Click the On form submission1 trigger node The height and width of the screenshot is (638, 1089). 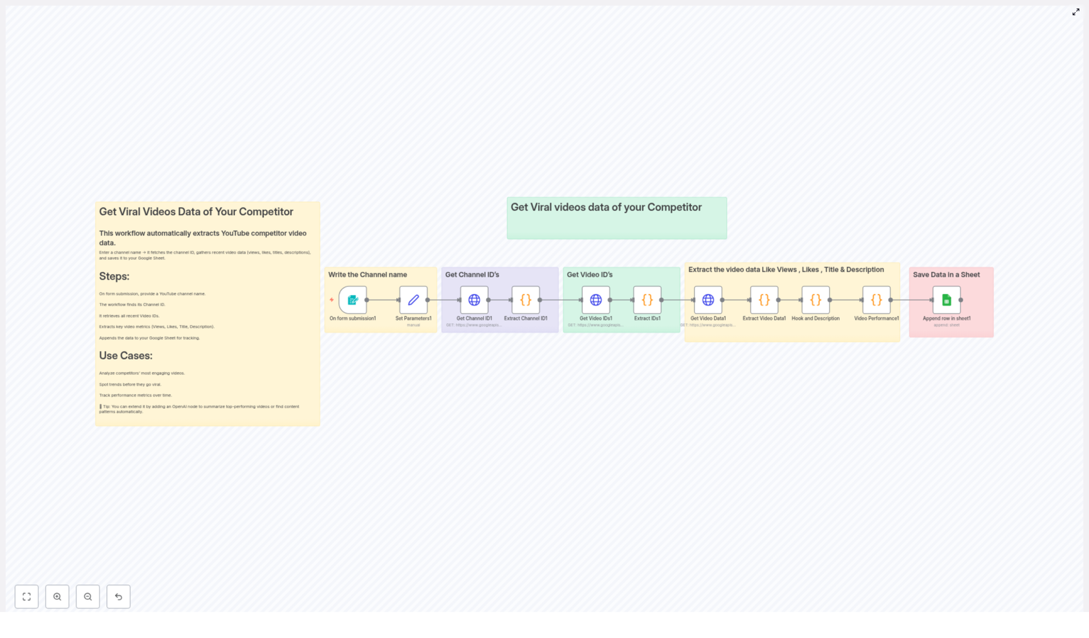pyautogui.click(x=353, y=300)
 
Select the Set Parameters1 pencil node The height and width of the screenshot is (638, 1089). pyautogui.click(x=413, y=300)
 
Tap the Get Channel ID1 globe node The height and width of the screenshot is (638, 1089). pyautogui.click(x=474, y=300)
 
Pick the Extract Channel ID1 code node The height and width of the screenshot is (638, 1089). pyautogui.click(x=525, y=300)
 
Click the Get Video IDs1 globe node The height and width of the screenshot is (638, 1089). pyautogui.click(x=596, y=300)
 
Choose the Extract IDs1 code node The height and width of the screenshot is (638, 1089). pyautogui.click(x=647, y=300)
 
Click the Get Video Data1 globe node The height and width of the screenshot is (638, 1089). pyautogui.click(x=708, y=300)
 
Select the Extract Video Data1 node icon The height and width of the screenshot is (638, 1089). pyautogui.click(x=764, y=300)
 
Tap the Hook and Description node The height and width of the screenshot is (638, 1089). pyautogui.click(x=815, y=300)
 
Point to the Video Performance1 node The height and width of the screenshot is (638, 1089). pyautogui.click(x=877, y=300)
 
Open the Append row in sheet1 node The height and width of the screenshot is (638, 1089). pyautogui.click(x=947, y=300)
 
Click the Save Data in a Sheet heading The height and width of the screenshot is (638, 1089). pyautogui.click(x=946, y=275)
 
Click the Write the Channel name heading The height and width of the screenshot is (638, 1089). pyautogui.click(x=368, y=275)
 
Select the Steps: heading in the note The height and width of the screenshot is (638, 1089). pyautogui.click(x=114, y=277)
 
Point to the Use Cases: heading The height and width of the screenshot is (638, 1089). pyautogui.click(x=126, y=356)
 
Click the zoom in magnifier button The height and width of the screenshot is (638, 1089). pyautogui.click(x=57, y=597)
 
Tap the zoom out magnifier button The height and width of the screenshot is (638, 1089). pyautogui.click(x=88, y=597)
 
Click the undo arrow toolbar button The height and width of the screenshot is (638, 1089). pyautogui.click(x=118, y=597)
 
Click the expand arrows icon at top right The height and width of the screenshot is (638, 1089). pyautogui.click(x=1076, y=12)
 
